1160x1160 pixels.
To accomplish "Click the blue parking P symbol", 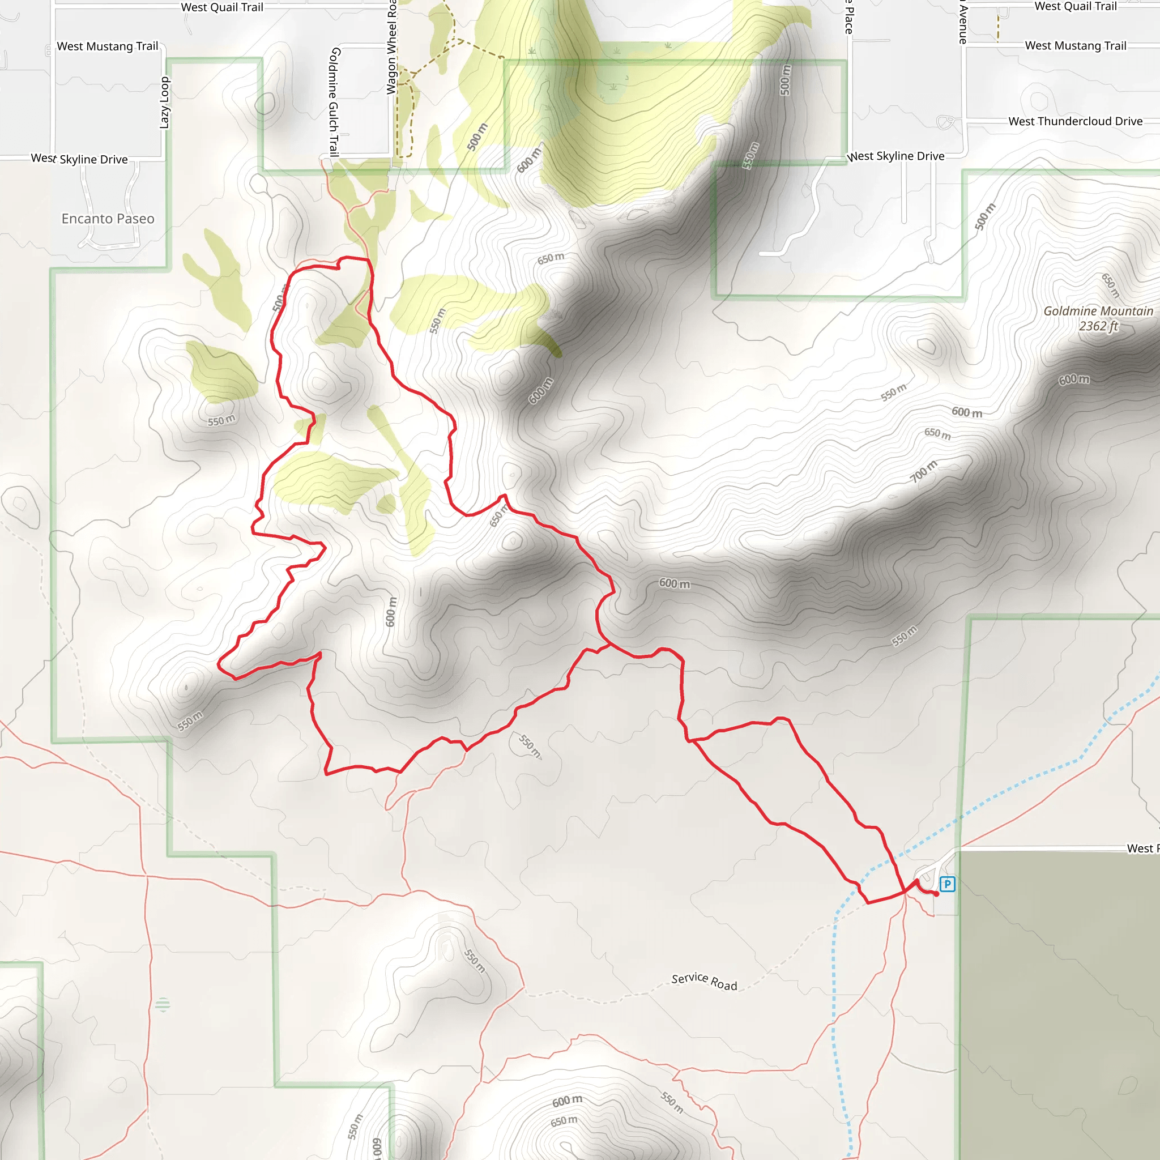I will [x=948, y=884].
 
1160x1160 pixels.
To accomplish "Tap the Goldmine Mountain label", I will [x=1098, y=311].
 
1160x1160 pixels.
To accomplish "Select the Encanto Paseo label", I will [x=108, y=219].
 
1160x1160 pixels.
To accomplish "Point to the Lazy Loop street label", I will [x=164, y=103].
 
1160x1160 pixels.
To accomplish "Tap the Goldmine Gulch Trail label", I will [x=334, y=102].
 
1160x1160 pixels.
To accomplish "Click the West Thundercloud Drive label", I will [x=1076, y=121].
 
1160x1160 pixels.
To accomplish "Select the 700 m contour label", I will [x=923, y=471].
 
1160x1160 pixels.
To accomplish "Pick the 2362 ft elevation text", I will [x=1098, y=326].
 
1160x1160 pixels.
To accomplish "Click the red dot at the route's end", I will [x=936, y=894].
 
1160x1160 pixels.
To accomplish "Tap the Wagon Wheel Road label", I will [x=391, y=48].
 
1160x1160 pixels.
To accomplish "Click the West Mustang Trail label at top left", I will [x=108, y=46].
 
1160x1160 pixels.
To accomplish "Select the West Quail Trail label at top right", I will [x=1076, y=7].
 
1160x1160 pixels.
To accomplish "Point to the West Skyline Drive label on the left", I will [x=79, y=159].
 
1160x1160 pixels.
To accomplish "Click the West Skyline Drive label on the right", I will [x=895, y=156].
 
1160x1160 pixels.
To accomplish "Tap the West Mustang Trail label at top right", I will [x=1076, y=46].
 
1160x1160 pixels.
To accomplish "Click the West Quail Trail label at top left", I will [x=222, y=7].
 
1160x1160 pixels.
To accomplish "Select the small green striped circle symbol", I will [x=163, y=1004].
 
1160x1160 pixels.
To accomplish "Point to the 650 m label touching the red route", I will [x=498, y=516].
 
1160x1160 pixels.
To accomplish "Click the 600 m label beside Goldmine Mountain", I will [x=1073, y=379].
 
